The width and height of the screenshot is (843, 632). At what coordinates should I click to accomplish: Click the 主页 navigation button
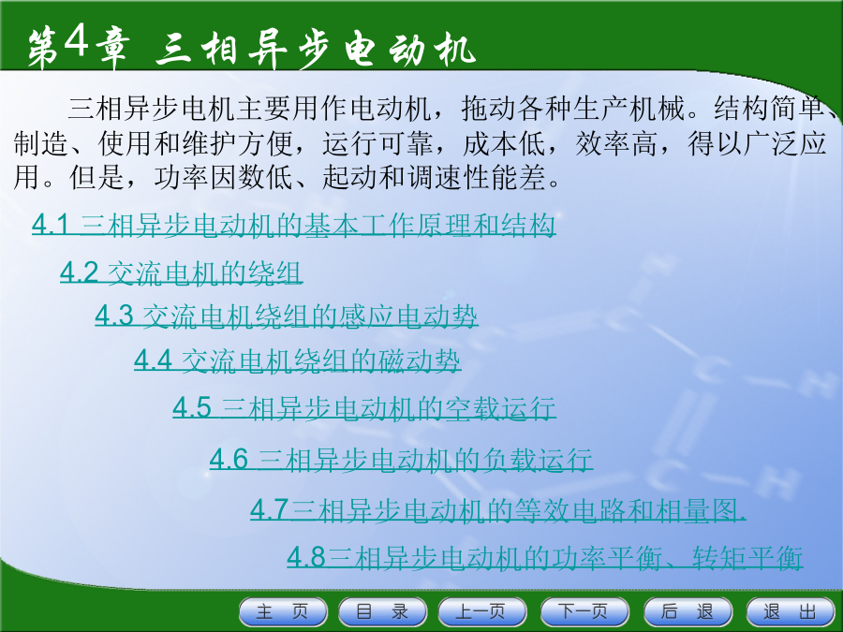click(x=283, y=611)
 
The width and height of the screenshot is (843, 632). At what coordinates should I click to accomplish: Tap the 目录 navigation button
click(x=382, y=611)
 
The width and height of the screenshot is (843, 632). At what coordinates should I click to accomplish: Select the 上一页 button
click(x=482, y=611)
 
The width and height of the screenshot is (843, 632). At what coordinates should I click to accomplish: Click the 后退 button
click(x=688, y=611)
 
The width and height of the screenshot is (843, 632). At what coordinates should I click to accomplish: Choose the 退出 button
click(x=791, y=611)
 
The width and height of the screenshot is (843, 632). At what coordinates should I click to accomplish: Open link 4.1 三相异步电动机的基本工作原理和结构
click(x=293, y=225)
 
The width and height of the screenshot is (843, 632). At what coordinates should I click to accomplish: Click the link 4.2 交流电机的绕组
click(x=181, y=272)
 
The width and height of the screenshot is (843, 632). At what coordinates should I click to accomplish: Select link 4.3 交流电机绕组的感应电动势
click(x=286, y=316)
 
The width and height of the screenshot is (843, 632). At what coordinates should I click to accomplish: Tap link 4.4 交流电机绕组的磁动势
click(x=297, y=360)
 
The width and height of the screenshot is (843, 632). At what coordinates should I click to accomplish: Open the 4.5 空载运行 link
click(x=364, y=408)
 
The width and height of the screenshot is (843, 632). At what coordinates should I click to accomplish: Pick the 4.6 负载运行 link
click(x=401, y=460)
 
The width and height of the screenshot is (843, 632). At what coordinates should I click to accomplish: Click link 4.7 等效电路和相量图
click(x=498, y=509)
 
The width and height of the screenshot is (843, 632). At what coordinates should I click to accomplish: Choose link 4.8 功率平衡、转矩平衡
click(x=544, y=557)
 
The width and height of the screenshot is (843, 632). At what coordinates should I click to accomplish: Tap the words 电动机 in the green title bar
click(x=409, y=50)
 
